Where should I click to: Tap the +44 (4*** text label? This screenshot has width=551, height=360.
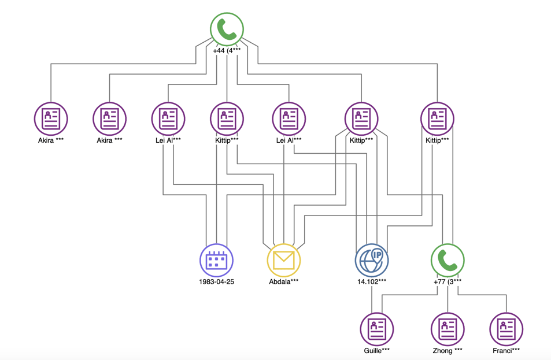227,51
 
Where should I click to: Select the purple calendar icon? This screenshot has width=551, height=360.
216,260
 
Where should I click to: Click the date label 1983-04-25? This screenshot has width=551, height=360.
216,282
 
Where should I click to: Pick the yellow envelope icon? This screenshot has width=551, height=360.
284,260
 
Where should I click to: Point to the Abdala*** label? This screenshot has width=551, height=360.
284,282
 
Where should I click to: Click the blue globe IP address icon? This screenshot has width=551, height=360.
371,261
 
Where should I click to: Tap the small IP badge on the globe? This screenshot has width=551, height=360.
378,254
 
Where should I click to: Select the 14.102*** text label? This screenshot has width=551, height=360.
372,282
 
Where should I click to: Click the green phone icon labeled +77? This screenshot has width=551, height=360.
448,261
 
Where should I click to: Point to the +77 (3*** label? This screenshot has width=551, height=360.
448,282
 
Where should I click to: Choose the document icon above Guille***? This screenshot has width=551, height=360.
377,329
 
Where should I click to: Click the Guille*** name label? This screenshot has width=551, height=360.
377,350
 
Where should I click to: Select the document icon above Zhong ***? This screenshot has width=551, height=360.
448,329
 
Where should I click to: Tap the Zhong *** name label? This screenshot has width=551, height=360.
448,350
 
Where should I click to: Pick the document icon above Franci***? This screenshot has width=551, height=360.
506,329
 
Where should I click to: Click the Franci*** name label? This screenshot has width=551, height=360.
506,350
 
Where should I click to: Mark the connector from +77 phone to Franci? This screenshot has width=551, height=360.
486,295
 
